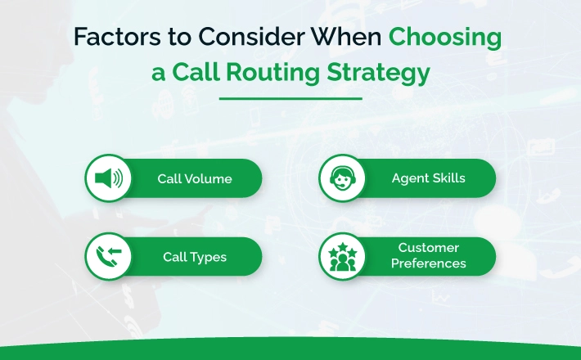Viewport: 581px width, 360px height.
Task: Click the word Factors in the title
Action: pyautogui.click(x=118, y=36)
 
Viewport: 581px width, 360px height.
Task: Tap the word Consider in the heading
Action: pyautogui.click(x=251, y=36)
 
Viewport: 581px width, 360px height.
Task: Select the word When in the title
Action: pyautogui.click(x=346, y=36)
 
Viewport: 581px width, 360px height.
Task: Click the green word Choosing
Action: pyautogui.click(x=445, y=38)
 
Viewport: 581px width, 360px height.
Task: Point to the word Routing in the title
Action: pyautogui.click(x=272, y=72)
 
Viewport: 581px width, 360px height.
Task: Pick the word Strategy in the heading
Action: pyautogui.click(x=378, y=73)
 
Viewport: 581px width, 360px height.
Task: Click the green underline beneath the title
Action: pyautogui.click(x=290, y=98)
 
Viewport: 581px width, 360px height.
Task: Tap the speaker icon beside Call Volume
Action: pyautogui.click(x=109, y=178)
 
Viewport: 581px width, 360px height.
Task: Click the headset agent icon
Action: pyautogui.click(x=342, y=178)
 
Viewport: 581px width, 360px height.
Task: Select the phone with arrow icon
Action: pyautogui.click(x=109, y=256)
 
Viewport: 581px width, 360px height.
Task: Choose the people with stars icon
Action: pyautogui.click(x=342, y=257)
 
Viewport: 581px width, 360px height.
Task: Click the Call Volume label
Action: pyautogui.click(x=195, y=179)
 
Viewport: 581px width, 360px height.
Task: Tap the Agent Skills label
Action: pyautogui.click(x=428, y=178)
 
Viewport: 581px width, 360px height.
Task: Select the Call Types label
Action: pyautogui.click(x=195, y=258)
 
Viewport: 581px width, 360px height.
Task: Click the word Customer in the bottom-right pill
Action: pyautogui.click(x=428, y=247)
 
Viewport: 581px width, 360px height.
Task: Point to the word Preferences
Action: pyautogui.click(x=428, y=263)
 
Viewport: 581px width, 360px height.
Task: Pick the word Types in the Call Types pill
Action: pyautogui.click(x=208, y=258)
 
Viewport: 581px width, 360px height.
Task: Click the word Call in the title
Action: pyautogui.click(x=196, y=72)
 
